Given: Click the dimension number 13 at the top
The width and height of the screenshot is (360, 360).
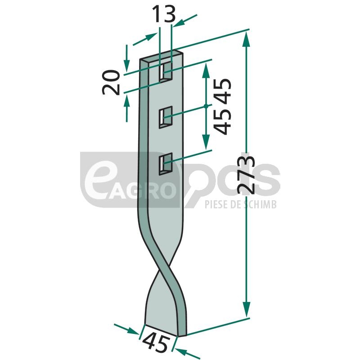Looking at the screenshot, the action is (x=164, y=14).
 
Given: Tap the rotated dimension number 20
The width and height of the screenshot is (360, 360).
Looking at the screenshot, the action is (x=111, y=82).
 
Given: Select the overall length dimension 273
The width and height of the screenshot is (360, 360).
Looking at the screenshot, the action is (x=247, y=175).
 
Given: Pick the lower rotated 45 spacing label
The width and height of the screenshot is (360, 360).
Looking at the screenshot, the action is (x=222, y=121).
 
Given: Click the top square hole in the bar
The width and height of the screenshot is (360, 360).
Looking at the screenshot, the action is (x=166, y=72).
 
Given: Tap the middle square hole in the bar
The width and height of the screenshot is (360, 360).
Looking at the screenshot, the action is (x=166, y=117).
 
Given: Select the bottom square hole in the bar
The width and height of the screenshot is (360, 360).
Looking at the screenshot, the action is (x=166, y=164).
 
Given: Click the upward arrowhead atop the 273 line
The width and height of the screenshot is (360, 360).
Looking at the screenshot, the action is (x=246, y=40).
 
